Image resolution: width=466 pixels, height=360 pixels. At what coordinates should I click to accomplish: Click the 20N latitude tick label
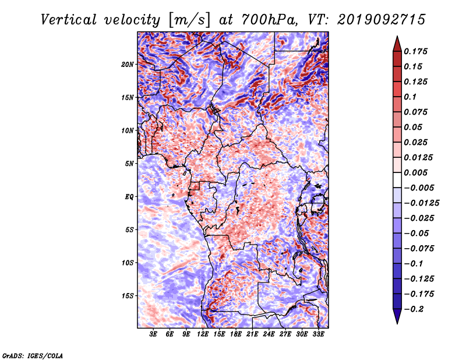pyautogui.click(x=127, y=65)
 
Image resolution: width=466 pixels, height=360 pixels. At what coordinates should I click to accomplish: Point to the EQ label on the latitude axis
pyautogui.click(x=129, y=197)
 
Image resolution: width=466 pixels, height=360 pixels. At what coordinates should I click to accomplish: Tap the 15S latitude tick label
pyautogui.click(x=128, y=296)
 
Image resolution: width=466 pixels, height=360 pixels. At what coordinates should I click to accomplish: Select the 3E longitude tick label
pyautogui.click(x=153, y=334)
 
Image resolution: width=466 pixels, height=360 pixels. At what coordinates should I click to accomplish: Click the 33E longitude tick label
pyautogui.click(x=318, y=334)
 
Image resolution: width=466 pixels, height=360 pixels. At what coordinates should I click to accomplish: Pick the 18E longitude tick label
pyautogui.click(x=236, y=334)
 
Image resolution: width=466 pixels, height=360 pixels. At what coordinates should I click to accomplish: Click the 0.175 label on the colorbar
pyautogui.click(x=415, y=51)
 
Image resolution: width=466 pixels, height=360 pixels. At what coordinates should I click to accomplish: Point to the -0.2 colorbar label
pyautogui.click(x=414, y=309)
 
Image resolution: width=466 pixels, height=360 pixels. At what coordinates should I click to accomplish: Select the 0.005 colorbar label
pyautogui.click(x=415, y=172)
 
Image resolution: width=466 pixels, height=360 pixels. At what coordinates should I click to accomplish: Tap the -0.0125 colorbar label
pyautogui.click(x=421, y=203)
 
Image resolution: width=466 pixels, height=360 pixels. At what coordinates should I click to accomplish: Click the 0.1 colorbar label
pyautogui.click(x=410, y=97)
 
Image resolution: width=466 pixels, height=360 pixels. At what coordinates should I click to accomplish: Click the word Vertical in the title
pyautogui.click(x=69, y=20)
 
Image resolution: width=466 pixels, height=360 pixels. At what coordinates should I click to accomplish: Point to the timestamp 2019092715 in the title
pyautogui.click(x=382, y=20)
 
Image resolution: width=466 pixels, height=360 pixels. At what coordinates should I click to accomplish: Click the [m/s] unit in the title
pyautogui.click(x=189, y=20)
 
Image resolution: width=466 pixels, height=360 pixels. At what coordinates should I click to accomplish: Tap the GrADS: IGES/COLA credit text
pyautogui.click(x=33, y=355)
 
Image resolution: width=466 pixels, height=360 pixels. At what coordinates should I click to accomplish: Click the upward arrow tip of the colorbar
pyautogui.click(x=397, y=36)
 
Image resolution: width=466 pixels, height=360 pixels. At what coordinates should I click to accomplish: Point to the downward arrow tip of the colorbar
pyautogui.click(x=397, y=324)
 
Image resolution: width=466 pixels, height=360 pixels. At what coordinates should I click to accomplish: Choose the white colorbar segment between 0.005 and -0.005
pyautogui.click(x=397, y=180)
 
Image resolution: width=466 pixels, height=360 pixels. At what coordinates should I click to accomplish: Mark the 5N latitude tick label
pyautogui.click(x=129, y=164)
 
